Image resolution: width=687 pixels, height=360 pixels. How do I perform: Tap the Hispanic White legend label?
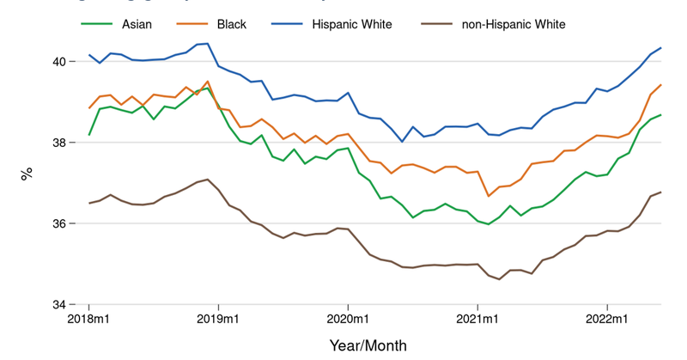(x=352, y=24)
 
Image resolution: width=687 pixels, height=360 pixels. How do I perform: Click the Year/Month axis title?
(x=368, y=345)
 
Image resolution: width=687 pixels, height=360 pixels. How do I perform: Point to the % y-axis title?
(x=26, y=173)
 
